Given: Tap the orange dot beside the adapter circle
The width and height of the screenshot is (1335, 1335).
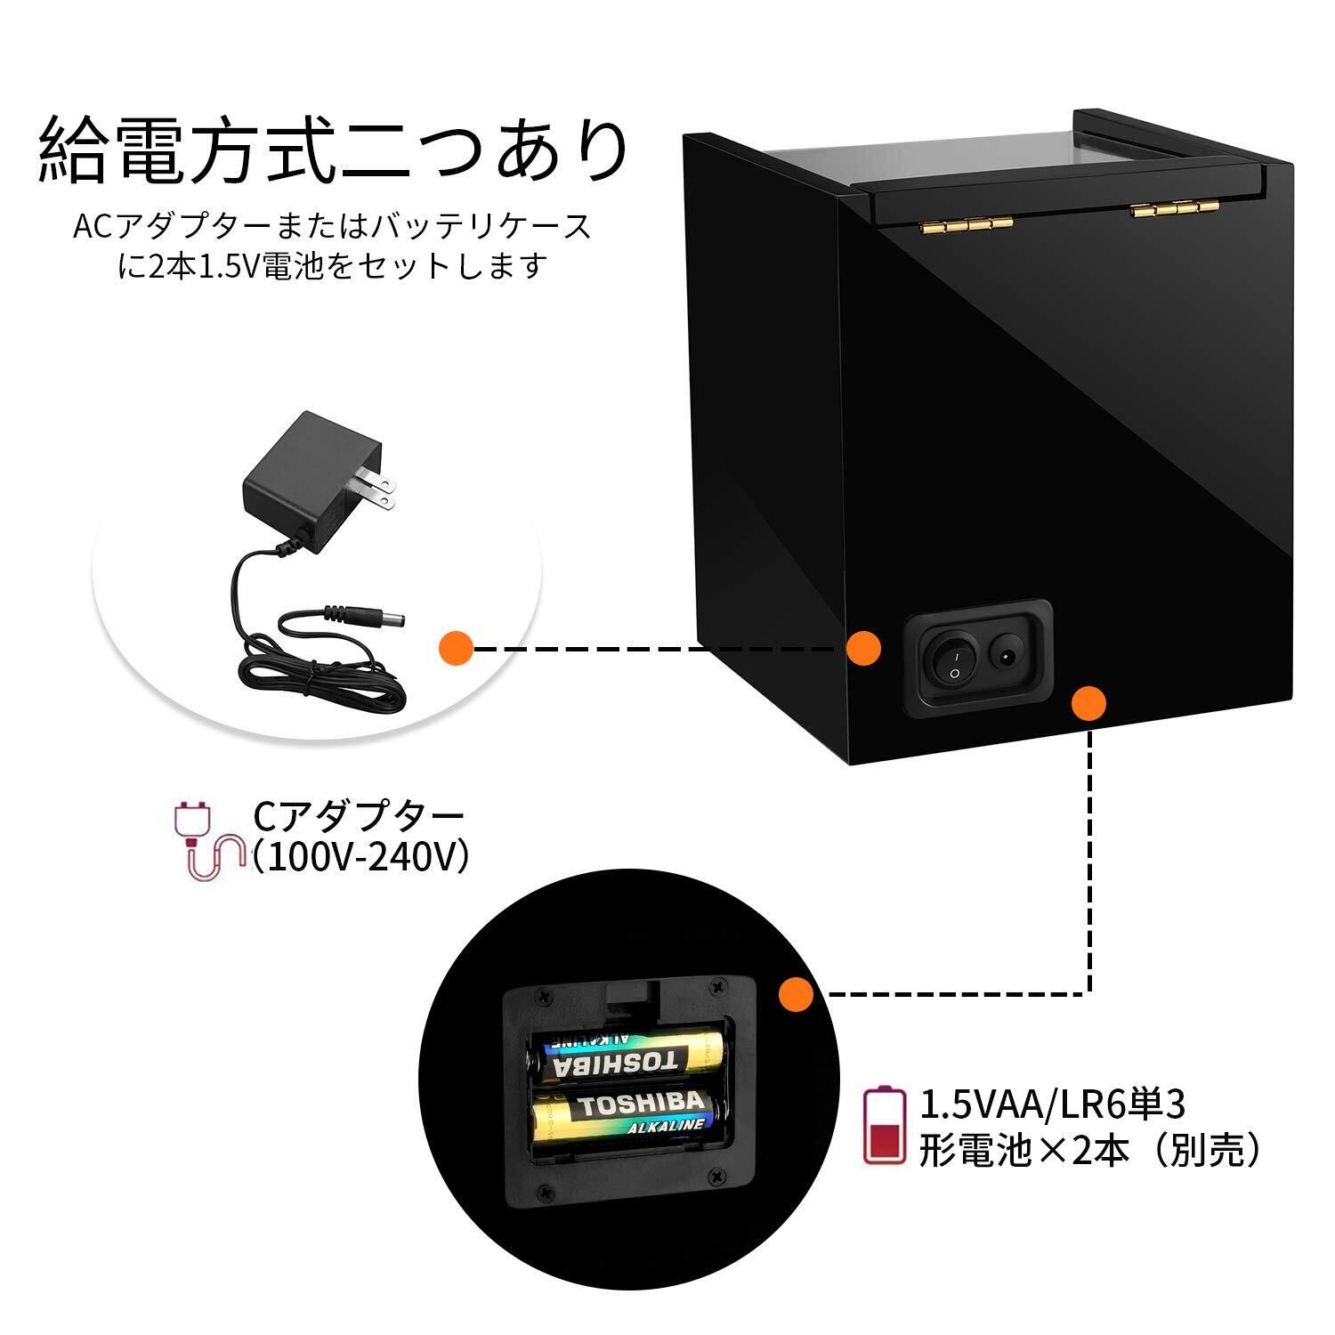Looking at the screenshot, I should [x=456, y=648].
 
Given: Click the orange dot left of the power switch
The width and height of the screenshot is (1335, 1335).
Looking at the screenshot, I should [x=863, y=648].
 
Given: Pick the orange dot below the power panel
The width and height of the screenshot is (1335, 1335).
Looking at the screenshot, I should [x=1088, y=703].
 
